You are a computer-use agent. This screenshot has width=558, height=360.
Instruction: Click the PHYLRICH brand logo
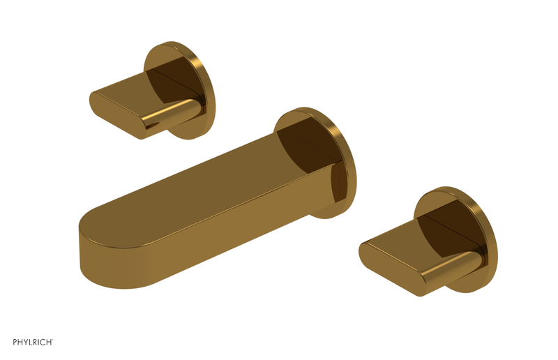tap(33, 342)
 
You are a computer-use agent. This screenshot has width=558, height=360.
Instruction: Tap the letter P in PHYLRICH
tap(15, 342)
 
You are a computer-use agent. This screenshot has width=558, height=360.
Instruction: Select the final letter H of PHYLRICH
tap(50, 342)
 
